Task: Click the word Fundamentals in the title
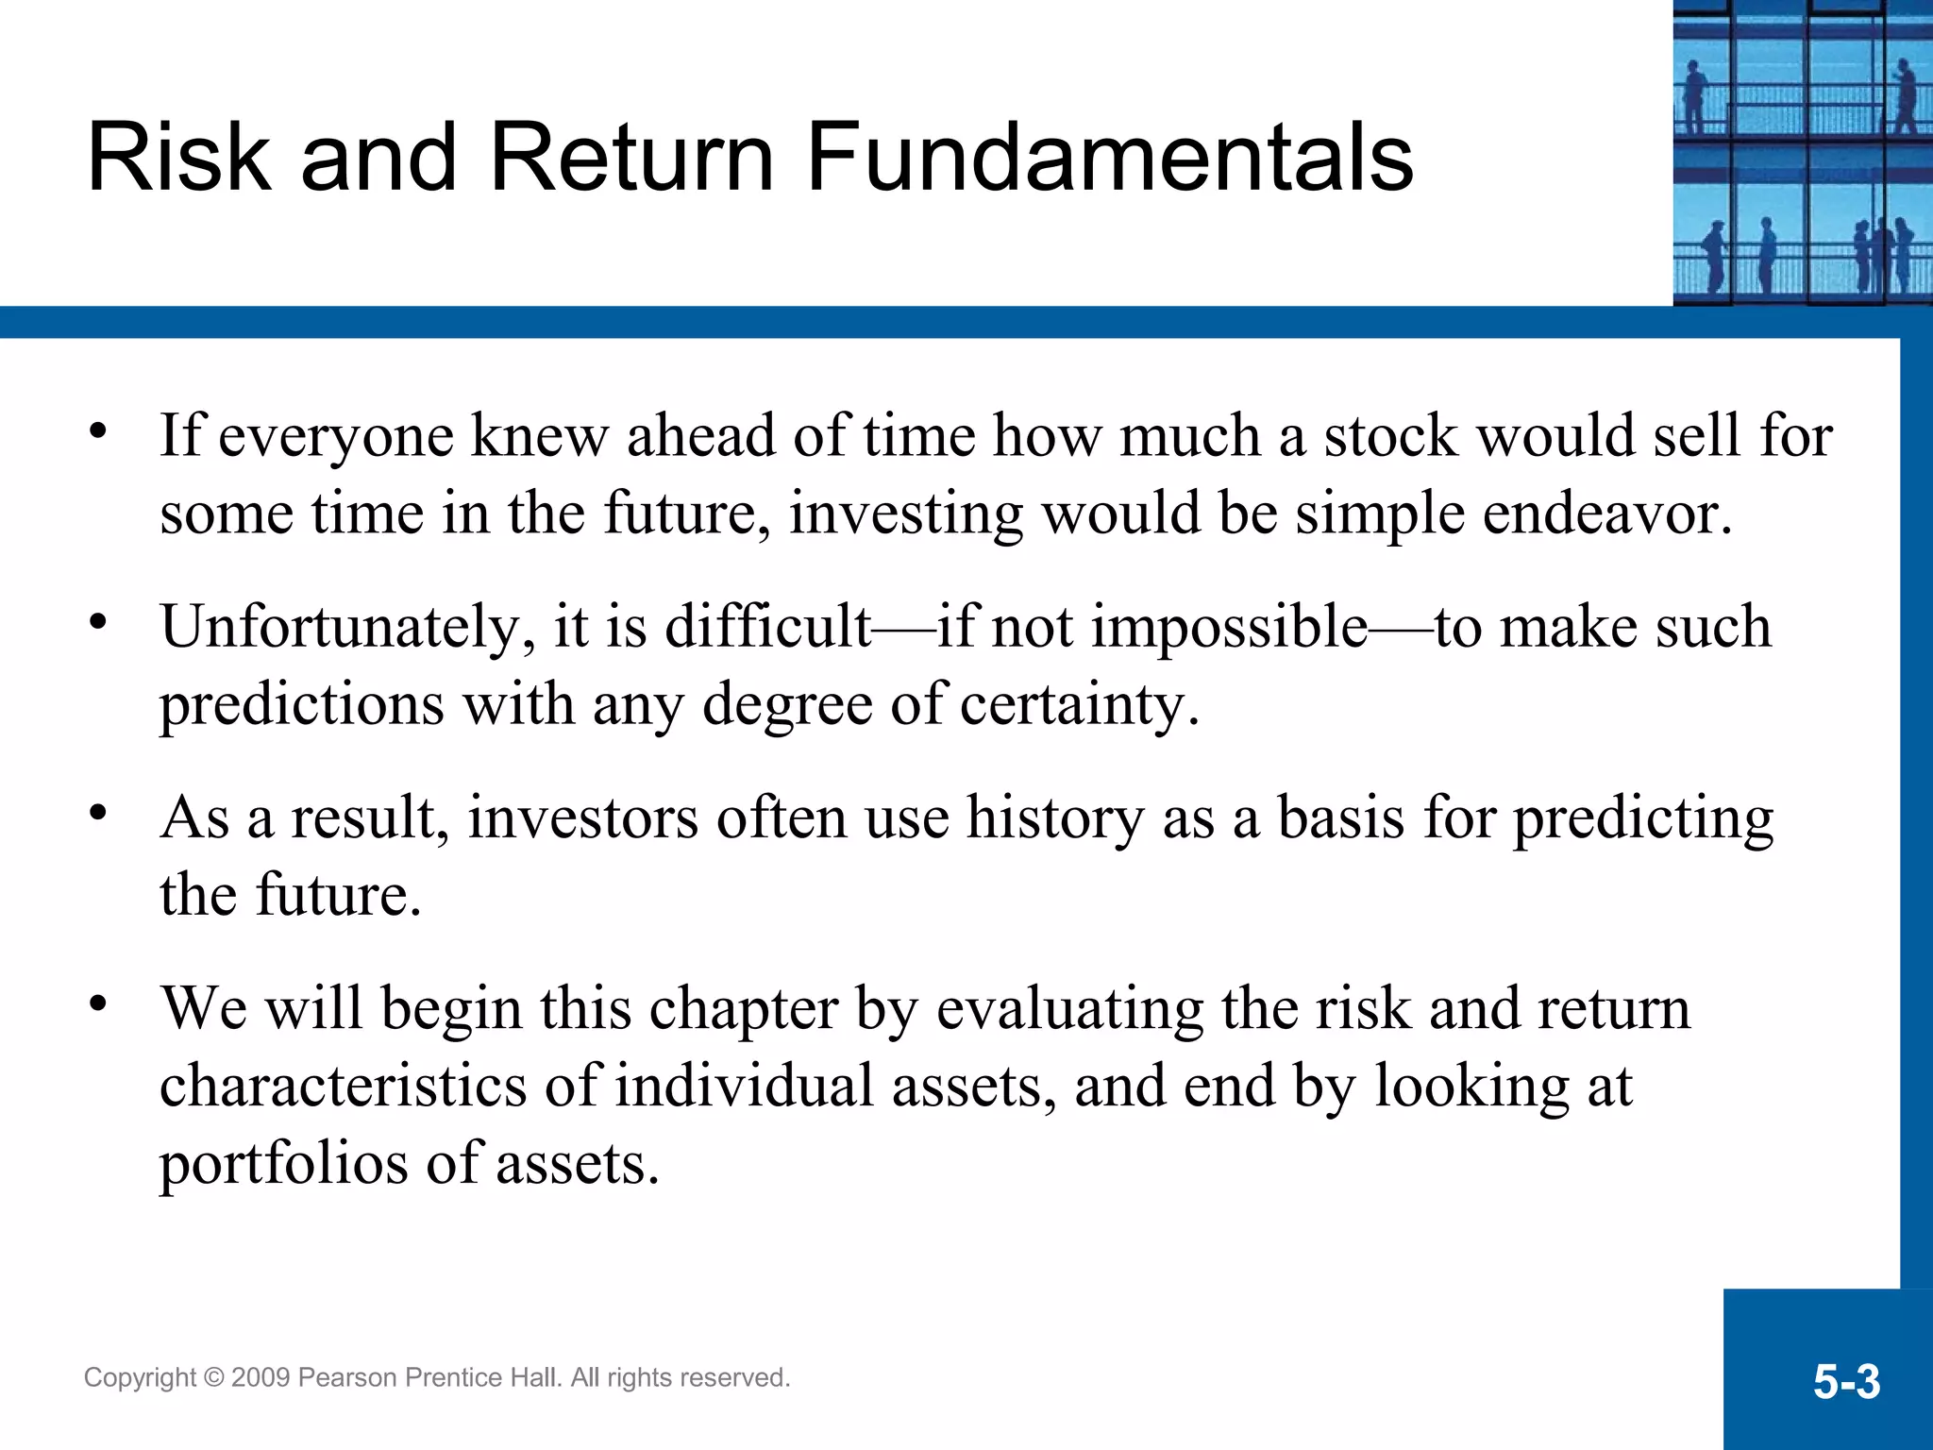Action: point(1110,158)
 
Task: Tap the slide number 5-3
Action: point(1846,1382)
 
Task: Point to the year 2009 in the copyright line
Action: point(261,1378)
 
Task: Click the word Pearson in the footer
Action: point(346,1378)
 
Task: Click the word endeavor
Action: point(1606,514)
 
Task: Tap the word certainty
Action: point(1079,706)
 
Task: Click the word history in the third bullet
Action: point(1055,818)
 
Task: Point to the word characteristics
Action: point(343,1086)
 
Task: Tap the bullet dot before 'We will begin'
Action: point(98,1003)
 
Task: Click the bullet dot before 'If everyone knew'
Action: point(98,431)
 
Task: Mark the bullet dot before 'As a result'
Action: point(98,812)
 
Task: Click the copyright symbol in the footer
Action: point(213,1378)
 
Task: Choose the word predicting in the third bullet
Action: point(1643,819)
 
